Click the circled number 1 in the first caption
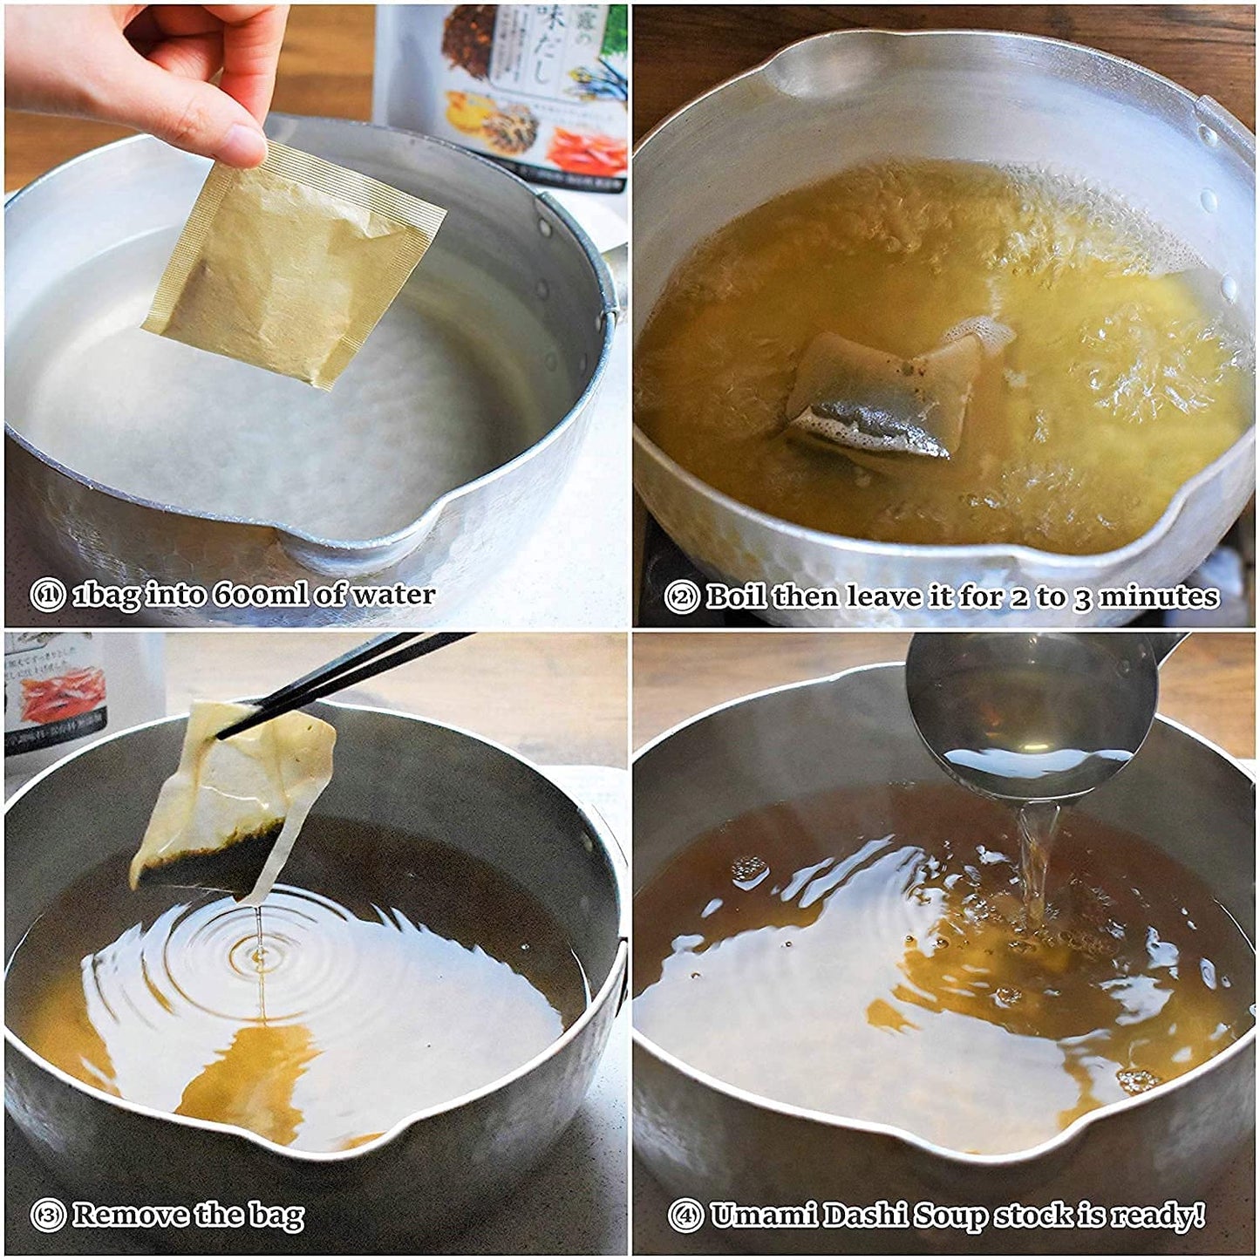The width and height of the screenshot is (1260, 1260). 47,596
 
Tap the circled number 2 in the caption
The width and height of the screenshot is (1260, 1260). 681,597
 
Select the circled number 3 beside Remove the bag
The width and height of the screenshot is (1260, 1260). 47,1215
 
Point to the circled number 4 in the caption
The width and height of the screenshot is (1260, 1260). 685,1215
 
